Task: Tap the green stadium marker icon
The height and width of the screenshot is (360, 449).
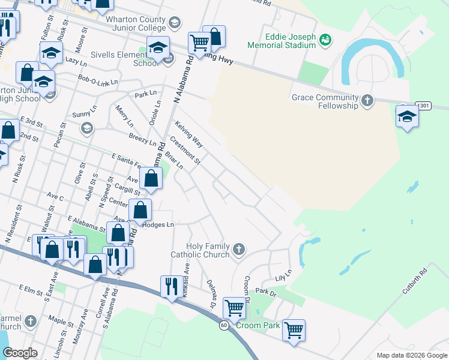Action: tap(325, 40)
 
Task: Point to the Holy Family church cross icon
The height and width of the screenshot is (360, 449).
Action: tap(239, 248)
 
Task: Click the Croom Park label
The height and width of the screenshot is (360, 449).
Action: tap(258, 325)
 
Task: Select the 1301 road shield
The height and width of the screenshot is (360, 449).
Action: tap(424, 106)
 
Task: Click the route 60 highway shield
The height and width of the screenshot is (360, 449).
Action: tap(223, 325)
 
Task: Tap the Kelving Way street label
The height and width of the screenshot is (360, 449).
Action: tap(189, 134)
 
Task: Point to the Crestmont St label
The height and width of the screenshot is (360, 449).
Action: tap(185, 150)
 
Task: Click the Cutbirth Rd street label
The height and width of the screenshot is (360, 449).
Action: tap(414, 280)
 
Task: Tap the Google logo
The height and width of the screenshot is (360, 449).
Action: tap(20, 353)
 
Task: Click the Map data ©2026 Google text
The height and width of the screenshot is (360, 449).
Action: tap(411, 355)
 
